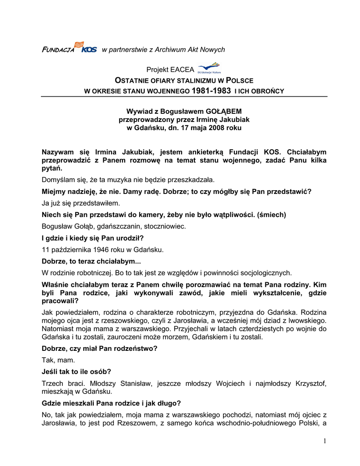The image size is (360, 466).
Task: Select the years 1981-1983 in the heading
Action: click(211, 91)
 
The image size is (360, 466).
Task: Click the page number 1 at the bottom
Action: click(325, 440)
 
